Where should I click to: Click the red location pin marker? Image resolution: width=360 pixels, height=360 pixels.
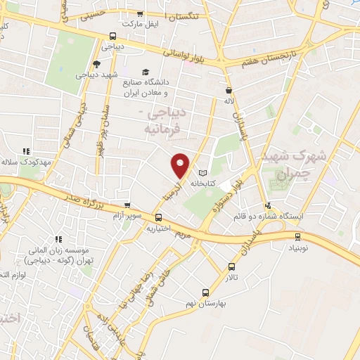(181, 165)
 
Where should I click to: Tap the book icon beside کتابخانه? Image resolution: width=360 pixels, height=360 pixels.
(203, 173)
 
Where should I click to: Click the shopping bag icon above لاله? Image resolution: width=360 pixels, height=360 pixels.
(229, 90)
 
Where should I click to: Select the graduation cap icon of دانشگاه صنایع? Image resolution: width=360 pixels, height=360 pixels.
(146, 72)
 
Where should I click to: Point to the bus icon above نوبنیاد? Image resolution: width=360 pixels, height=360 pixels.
(293, 237)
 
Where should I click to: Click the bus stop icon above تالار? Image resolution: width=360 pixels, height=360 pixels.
(232, 266)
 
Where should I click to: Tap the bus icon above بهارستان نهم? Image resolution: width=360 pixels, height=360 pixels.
(205, 292)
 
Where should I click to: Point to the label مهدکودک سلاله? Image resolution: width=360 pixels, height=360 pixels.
(28, 162)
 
